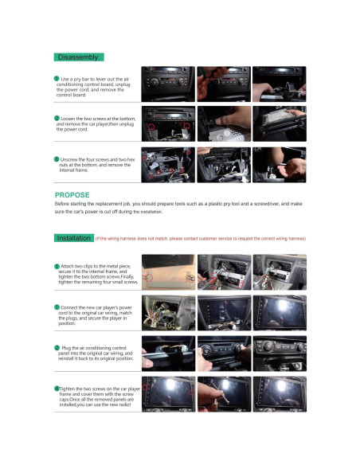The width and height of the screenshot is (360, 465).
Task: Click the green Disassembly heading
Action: (x=77, y=57)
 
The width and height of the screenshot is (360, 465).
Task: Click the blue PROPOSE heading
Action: (x=72, y=194)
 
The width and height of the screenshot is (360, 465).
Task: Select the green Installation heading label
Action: (x=74, y=238)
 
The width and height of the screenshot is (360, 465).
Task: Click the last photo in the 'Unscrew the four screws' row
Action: (x=279, y=162)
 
